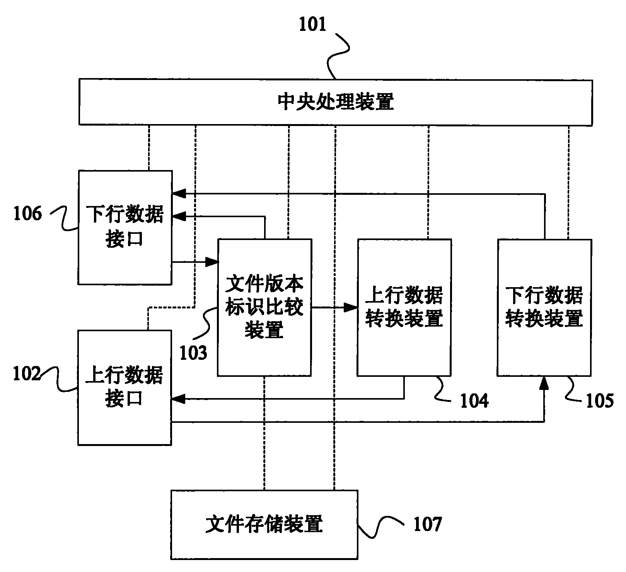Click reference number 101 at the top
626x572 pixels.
[312, 24]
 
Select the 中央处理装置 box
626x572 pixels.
[335, 102]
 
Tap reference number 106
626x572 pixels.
[27, 213]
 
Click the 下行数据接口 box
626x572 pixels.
[125, 227]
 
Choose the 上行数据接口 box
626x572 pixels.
[125, 387]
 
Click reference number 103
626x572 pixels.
[193, 352]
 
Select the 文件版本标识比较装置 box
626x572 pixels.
[264, 307]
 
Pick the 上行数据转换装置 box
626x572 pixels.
[404, 307]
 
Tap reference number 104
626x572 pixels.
[474, 401]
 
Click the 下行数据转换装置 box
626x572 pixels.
[544, 307]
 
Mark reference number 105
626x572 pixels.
[600, 401]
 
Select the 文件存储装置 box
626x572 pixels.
[264, 524]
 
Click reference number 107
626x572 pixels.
[428, 524]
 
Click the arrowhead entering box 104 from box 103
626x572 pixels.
[351, 308]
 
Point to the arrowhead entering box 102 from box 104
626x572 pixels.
[179, 399]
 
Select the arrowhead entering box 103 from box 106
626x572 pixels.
[212, 262]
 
